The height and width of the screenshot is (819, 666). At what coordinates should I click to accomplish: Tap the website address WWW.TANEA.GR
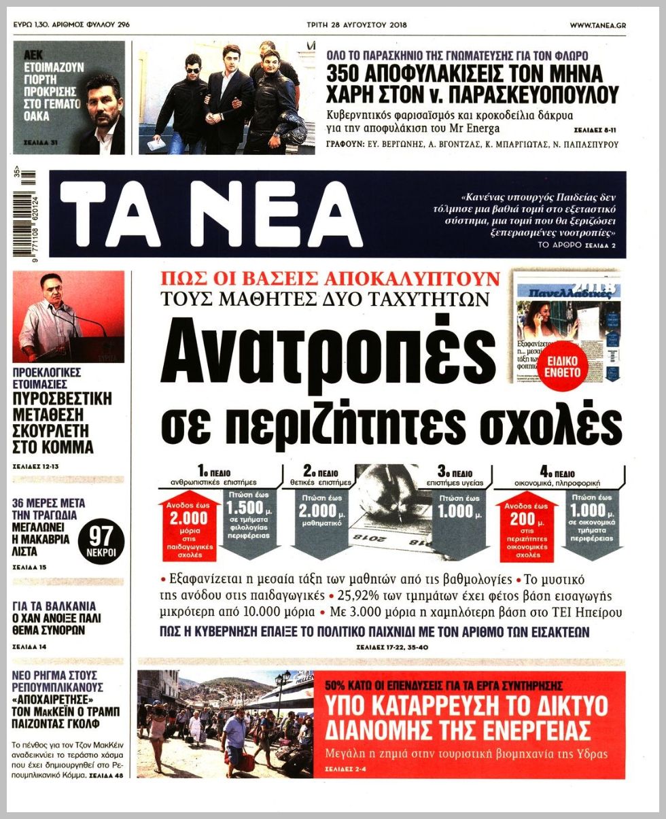pos(597,25)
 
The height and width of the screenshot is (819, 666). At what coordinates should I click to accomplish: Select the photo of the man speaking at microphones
pos(68,316)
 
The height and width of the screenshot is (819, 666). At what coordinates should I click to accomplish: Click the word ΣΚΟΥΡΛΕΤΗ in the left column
pos(52,431)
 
